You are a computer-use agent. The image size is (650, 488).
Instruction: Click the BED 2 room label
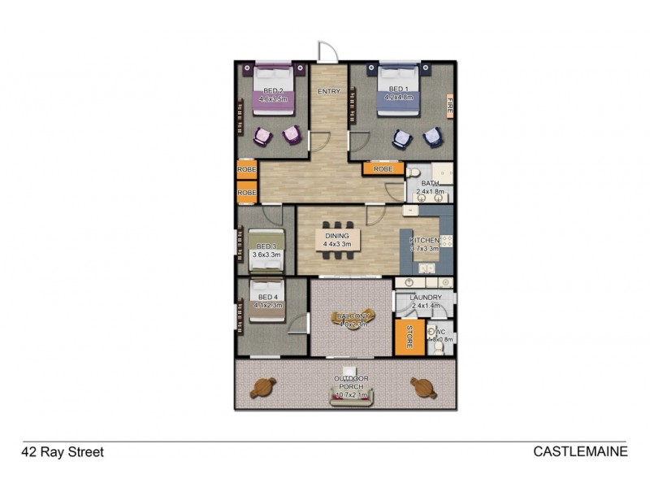pyautogui.click(x=272, y=89)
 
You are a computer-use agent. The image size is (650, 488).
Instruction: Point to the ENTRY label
pyautogui.click(x=329, y=91)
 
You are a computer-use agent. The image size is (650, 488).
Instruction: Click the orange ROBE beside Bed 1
pyautogui.click(x=383, y=169)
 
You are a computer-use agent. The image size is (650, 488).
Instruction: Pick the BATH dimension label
pyautogui.click(x=427, y=193)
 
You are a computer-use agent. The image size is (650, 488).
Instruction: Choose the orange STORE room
pyautogui.click(x=405, y=338)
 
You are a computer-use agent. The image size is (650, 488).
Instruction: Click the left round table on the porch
pyautogui.click(x=263, y=388)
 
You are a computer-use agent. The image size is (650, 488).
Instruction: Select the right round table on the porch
pyautogui.click(x=421, y=387)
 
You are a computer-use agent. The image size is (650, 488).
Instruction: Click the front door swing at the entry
pyautogui.click(x=325, y=51)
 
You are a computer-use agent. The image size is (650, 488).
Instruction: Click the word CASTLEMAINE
pyautogui.click(x=580, y=451)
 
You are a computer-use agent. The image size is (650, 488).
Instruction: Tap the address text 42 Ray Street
pyautogui.click(x=63, y=451)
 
